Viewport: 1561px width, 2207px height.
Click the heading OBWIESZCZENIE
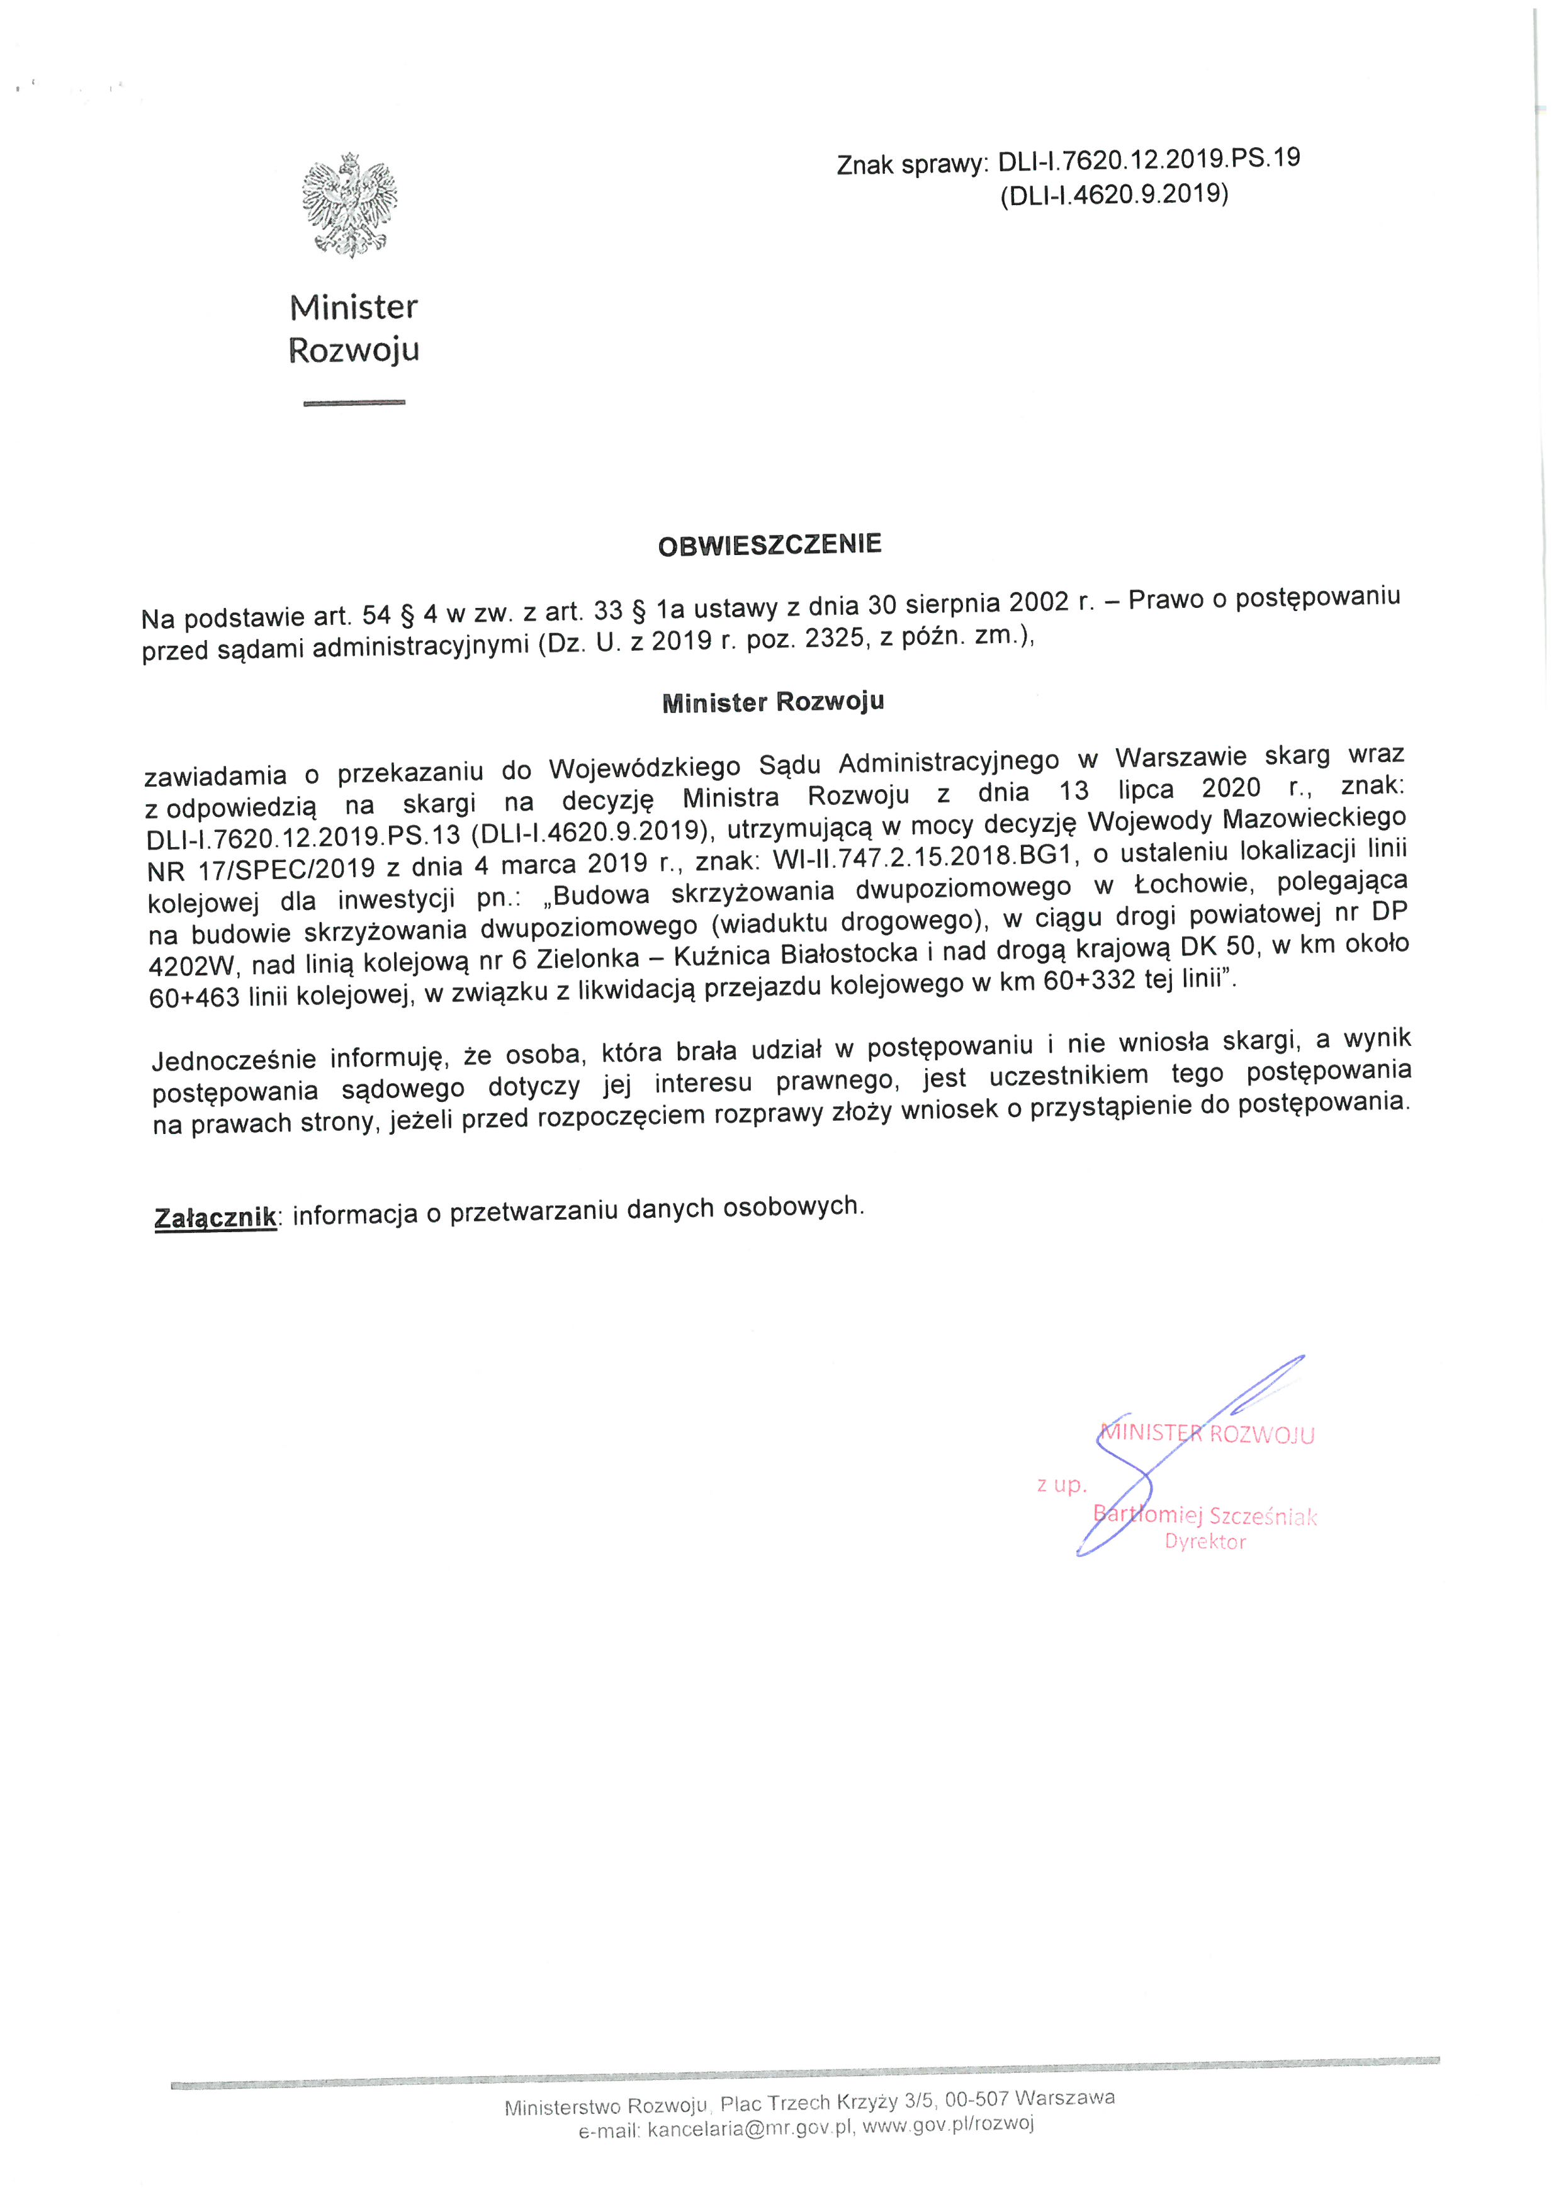(769, 545)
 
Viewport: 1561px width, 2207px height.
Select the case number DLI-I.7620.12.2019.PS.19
(1149, 160)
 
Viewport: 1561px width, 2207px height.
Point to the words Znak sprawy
(911, 166)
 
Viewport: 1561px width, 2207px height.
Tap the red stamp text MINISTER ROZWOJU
(1207, 1434)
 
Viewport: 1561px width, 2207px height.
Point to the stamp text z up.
(1061, 1485)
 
